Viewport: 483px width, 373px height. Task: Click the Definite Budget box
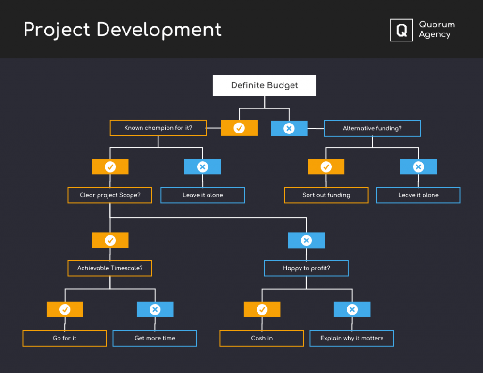264,86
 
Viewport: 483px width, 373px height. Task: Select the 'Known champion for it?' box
158,128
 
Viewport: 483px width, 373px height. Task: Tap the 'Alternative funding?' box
372,128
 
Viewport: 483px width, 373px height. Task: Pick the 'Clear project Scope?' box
110,195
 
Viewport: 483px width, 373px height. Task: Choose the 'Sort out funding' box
326,195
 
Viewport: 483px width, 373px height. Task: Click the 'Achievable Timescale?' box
110,268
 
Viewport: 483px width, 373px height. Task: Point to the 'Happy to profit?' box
306,268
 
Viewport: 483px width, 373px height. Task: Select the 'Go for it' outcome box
65,338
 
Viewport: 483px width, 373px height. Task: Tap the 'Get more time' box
155,338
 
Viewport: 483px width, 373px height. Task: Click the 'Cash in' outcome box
262,338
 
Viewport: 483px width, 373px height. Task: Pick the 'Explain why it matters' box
351,338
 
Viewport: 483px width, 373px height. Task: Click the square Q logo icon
401,30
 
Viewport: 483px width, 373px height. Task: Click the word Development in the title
158,30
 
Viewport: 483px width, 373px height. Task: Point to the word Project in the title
57,30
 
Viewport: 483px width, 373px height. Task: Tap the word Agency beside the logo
434,35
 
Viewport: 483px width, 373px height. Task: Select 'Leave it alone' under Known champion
203,195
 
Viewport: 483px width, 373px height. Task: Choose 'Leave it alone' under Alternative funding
418,195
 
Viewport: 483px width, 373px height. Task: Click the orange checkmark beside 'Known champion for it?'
239,128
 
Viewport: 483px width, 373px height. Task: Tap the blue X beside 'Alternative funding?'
289,128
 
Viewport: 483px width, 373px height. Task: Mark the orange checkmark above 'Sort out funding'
326,167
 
